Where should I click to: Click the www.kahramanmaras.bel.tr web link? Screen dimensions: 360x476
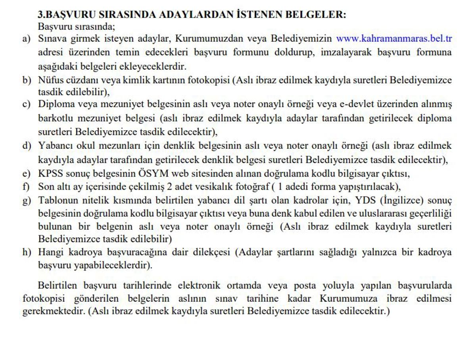394,39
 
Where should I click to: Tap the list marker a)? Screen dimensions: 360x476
26,39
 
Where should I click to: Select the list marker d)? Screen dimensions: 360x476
26,146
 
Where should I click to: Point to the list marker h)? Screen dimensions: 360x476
26,252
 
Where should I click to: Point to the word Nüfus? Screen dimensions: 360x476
50,80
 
